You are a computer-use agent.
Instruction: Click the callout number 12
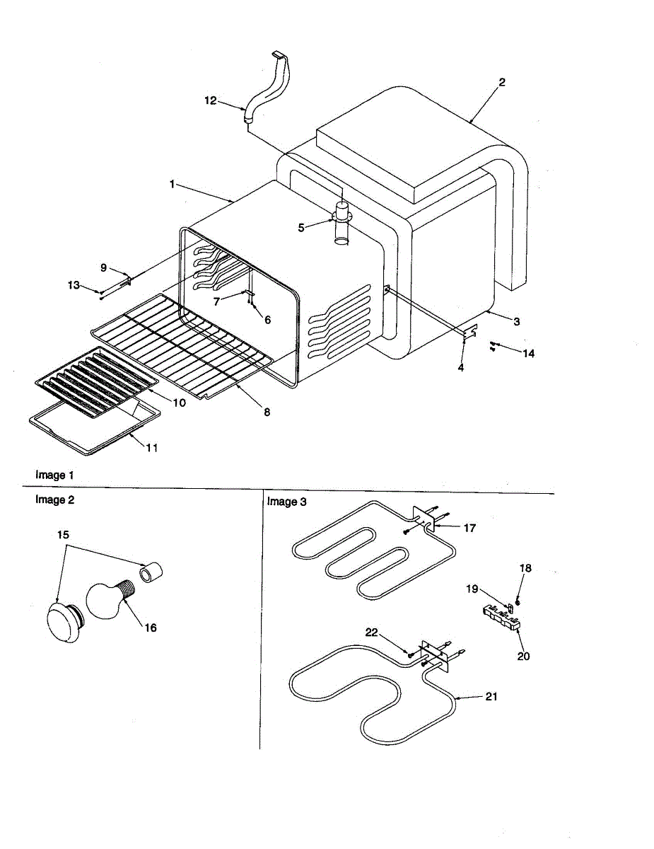tap(211, 100)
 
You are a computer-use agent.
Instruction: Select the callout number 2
tap(502, 82)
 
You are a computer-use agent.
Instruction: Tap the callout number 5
tap(301, 227)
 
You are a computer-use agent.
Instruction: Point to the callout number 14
tap(528, 353)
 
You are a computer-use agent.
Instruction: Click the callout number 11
tap(153, 448)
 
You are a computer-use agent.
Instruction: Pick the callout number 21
tap(491, 696)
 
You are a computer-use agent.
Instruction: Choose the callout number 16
tap(151, 628)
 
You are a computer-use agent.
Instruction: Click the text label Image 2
tap(54, 499)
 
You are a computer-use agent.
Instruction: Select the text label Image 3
tap(286, 502)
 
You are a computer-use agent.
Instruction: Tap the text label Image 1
tap(54, 475)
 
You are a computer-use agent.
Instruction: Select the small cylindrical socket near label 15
tap(150, 571)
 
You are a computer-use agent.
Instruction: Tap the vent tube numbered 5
tap(342, 225)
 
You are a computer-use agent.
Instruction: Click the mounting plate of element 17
tap(424, 519)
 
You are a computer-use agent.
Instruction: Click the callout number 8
tap(267, 412)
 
